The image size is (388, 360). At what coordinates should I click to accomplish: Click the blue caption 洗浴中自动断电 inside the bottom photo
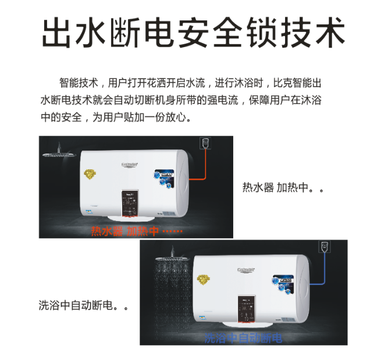pos(243,338)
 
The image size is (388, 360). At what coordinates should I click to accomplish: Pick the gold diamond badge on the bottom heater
pos(203,279)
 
